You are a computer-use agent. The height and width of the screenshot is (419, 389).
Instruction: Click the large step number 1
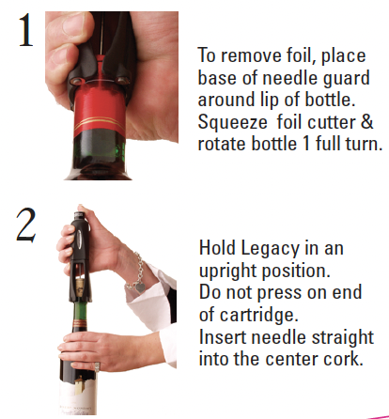26,30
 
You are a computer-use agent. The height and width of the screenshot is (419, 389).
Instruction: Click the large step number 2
26,225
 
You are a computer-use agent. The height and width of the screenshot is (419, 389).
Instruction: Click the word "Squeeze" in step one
232,123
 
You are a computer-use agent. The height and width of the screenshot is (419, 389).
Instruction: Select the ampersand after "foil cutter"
366,121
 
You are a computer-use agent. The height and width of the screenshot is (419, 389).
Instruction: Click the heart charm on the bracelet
140,287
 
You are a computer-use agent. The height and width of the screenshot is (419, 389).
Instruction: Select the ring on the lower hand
97,366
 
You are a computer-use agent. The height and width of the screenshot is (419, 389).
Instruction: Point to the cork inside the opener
80,287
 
